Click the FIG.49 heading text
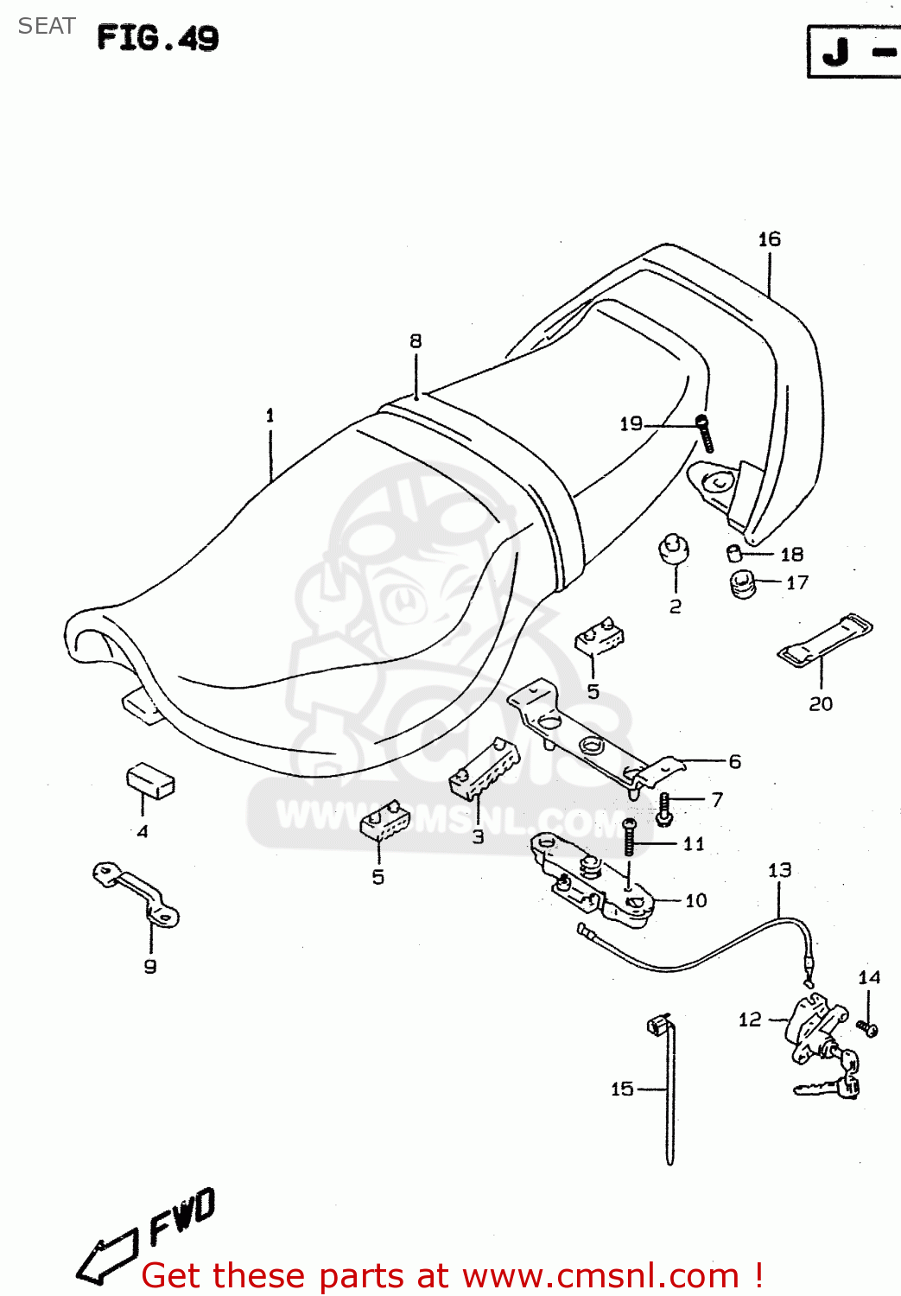pos(157,38)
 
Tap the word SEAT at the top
pos(47,27)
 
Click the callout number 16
pos(769,239)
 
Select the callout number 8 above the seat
pos(416,341)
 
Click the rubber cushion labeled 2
pos(674,550)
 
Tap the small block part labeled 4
pos(150,779)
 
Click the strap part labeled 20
pos(825,640)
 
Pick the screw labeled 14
pos(867,1027)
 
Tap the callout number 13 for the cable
pos(779,870)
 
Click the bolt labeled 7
pos(664,808)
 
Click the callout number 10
pos(695,901)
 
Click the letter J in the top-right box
pos(835,53)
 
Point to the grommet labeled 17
pos(742,583)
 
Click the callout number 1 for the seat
pos(270,416)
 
